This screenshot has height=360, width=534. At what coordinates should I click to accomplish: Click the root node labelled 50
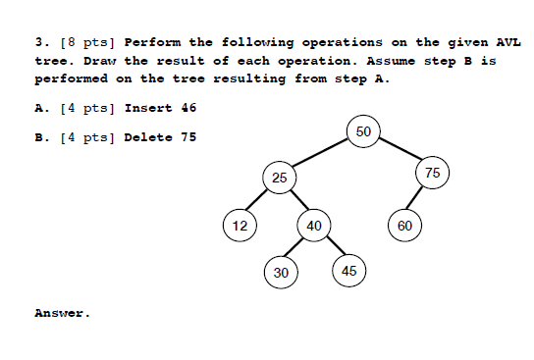click(363, 132)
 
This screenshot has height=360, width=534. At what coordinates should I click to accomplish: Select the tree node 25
click(280, 178)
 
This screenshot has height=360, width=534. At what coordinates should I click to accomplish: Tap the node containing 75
click(432, 173)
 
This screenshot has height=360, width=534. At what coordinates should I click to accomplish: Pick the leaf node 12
click(239, 226)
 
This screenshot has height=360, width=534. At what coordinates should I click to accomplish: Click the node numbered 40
click(313, 226)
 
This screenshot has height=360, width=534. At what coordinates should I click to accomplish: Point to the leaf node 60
click(405, 226)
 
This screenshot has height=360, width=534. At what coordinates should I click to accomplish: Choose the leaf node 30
click(281, 272)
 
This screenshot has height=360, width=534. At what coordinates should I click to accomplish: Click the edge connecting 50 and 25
click(321, 155)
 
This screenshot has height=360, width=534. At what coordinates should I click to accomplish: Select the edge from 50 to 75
click(398, 153)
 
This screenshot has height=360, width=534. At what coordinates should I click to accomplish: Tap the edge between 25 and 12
click(259, 202)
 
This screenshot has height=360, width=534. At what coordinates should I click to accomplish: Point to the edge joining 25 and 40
click(296, 202)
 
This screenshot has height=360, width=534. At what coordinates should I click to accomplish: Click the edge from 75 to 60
click(419, 199)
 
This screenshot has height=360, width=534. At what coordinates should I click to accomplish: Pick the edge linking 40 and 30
click(296, 249)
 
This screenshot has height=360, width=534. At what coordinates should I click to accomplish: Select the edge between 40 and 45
click(332, 248)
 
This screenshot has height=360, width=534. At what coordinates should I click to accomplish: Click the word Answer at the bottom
click(61, 314)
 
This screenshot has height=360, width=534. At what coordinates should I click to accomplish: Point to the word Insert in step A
click(148, 108)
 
